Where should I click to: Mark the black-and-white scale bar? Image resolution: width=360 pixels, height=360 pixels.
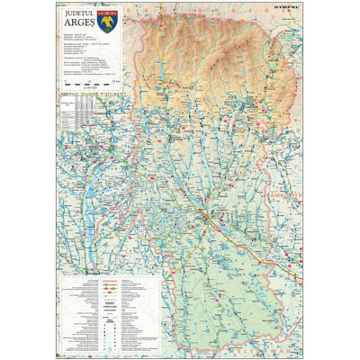coord(89,82)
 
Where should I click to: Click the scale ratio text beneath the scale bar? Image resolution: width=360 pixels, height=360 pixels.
coord(89,87)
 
